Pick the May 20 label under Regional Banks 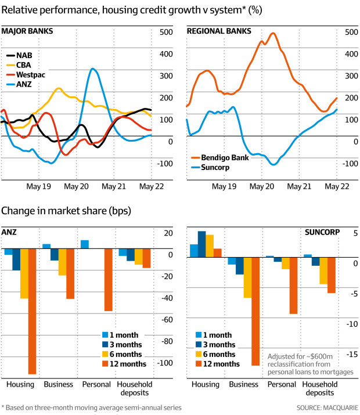(x=261, y=187)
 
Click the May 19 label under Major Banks (x=39, y=187)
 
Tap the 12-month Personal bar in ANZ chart (x=109, y=280)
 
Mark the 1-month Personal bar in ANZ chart (x=85, y=244)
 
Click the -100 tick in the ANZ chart (x=165, y=363)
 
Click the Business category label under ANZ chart (x=58, y=384)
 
